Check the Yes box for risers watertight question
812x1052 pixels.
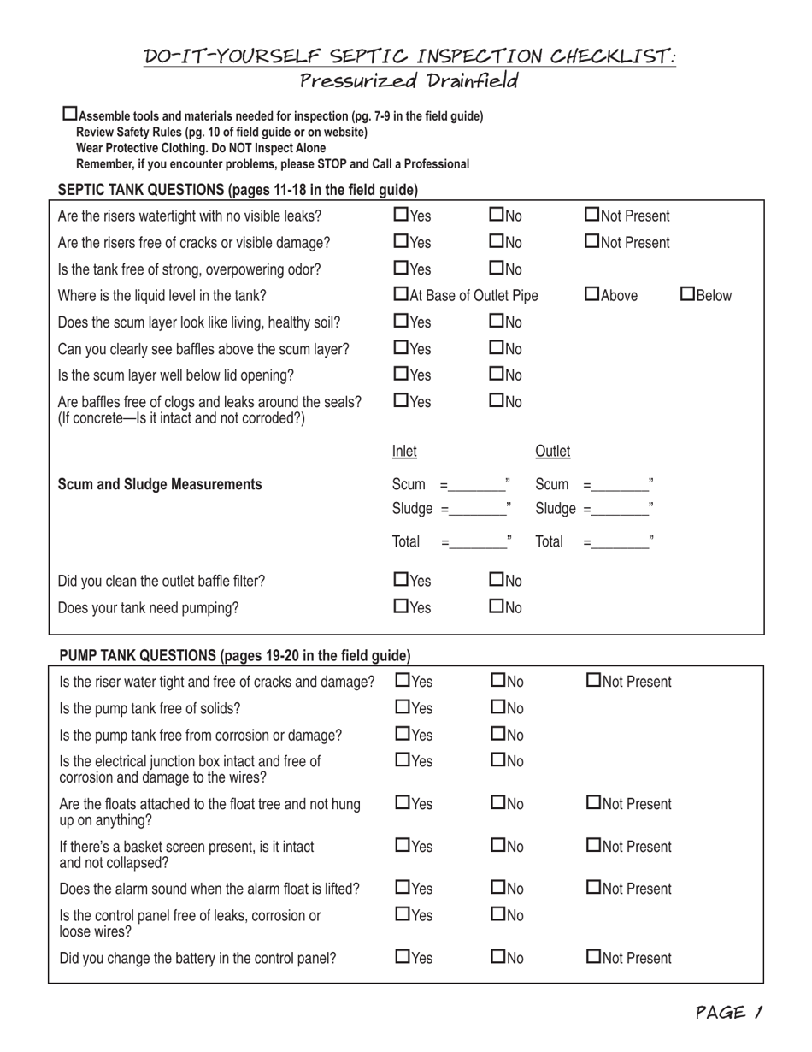point(400,215)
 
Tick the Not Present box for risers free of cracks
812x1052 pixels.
point(592,242)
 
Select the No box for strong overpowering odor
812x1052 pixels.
point(497,269)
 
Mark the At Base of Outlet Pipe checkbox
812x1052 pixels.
point(400,295)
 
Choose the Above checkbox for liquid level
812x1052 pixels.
point(592,295)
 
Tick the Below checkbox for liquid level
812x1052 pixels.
point(688,295)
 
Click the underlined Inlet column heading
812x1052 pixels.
point(404,451)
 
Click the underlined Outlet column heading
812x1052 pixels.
point(552,451)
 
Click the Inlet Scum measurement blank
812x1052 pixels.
point(476,487)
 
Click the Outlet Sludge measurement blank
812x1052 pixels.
point(620,511)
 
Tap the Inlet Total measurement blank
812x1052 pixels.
point(476,542)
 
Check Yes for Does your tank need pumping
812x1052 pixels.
point(400,606)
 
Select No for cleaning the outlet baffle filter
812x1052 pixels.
point(497,580)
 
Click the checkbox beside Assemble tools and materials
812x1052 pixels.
point(70,114)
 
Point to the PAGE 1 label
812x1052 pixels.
point(728,1013)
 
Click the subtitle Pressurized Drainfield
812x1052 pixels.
point(409,81)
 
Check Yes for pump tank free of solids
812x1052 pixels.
point(402,707)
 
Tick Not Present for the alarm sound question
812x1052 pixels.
point(594,888)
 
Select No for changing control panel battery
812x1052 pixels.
point(498,957)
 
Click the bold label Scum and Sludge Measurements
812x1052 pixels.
point(160,484)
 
